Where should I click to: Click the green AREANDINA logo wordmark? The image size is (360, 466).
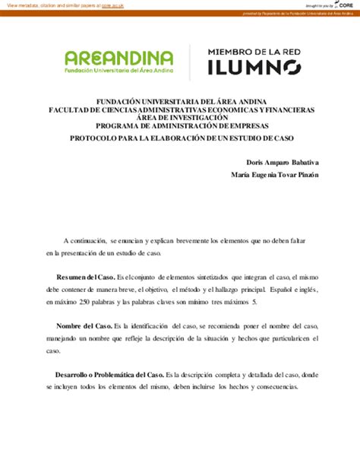coord(119,58)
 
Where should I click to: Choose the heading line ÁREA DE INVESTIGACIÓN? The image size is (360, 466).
coord(182,117)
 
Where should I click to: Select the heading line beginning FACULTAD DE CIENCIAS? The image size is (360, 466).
coord(182,109)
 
